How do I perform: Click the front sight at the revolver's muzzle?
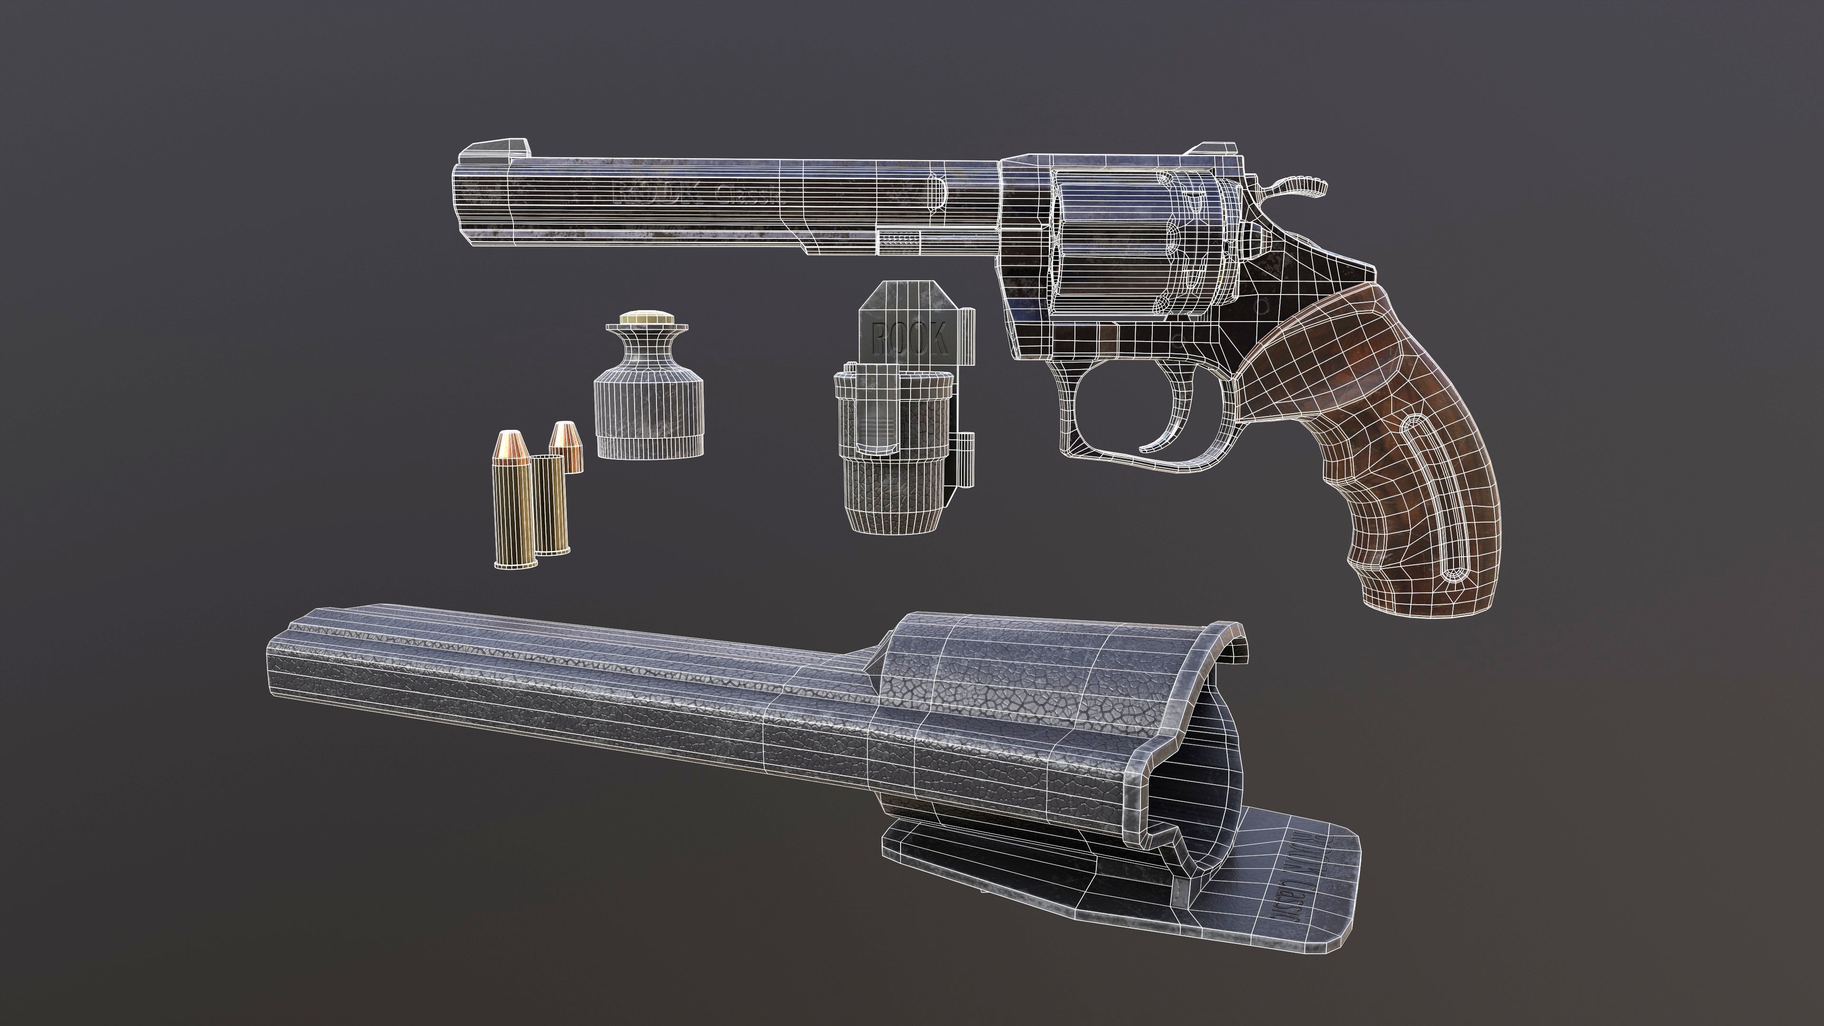coord(495,150)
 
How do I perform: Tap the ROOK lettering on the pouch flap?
coord(910,339)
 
